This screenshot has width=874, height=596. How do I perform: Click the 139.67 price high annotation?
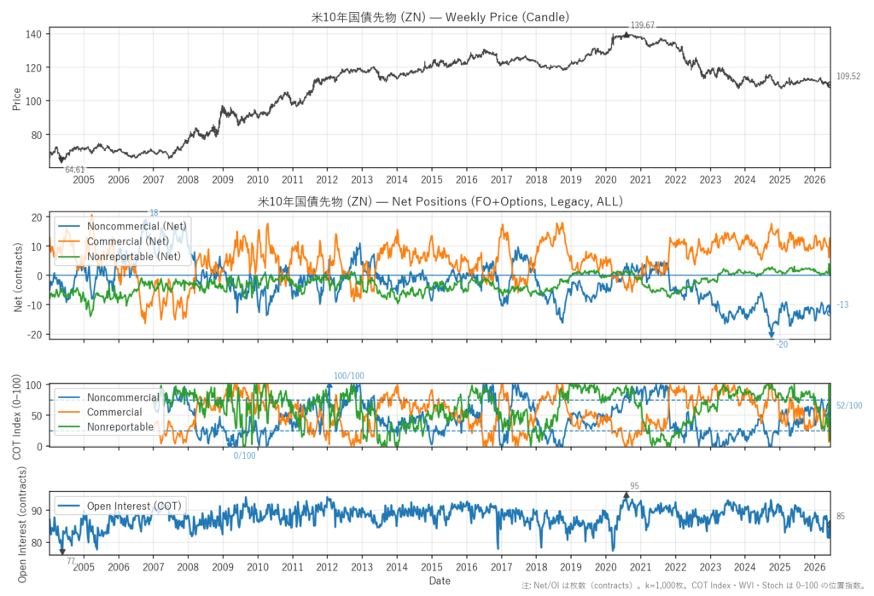pyautogui.click(x=642, y=25)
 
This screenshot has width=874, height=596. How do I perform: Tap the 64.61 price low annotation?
pyautogui.click(x=75, y=170)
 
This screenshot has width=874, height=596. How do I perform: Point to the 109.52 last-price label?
pyautogui.click(x=848, y=76)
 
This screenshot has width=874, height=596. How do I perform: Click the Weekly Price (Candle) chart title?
pyautogui.click(x=440, y=17)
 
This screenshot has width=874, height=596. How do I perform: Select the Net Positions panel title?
pyautogui.click(x=440, y=201)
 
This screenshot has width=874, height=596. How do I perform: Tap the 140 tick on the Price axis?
pyautogui.click(x=33, y=34)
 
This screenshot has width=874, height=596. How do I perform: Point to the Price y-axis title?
pyautogui.click(x=17, y=99)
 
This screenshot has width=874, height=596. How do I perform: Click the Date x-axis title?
pyautogui.click(x=440, y=581)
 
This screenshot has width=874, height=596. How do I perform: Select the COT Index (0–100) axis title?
pyautogui.click(x=17, y=417)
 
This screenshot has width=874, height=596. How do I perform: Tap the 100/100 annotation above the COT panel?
pyautogui.click(x=349, y=376)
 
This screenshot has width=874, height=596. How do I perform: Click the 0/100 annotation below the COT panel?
pyautogui.click(x=244, y=455)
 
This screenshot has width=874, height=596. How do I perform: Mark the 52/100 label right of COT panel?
pyautogui.click(x=849, y=406)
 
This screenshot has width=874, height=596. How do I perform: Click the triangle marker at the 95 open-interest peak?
pyautogui.click(x=626, y=495)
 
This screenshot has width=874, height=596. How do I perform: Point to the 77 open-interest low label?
pyautogui.click(x=71, y=561)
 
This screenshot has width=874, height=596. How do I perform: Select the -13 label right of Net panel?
pyautogui.click(x=842, y=304)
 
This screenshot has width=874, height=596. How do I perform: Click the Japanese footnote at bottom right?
pyautogui.click(x=693, y=586)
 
